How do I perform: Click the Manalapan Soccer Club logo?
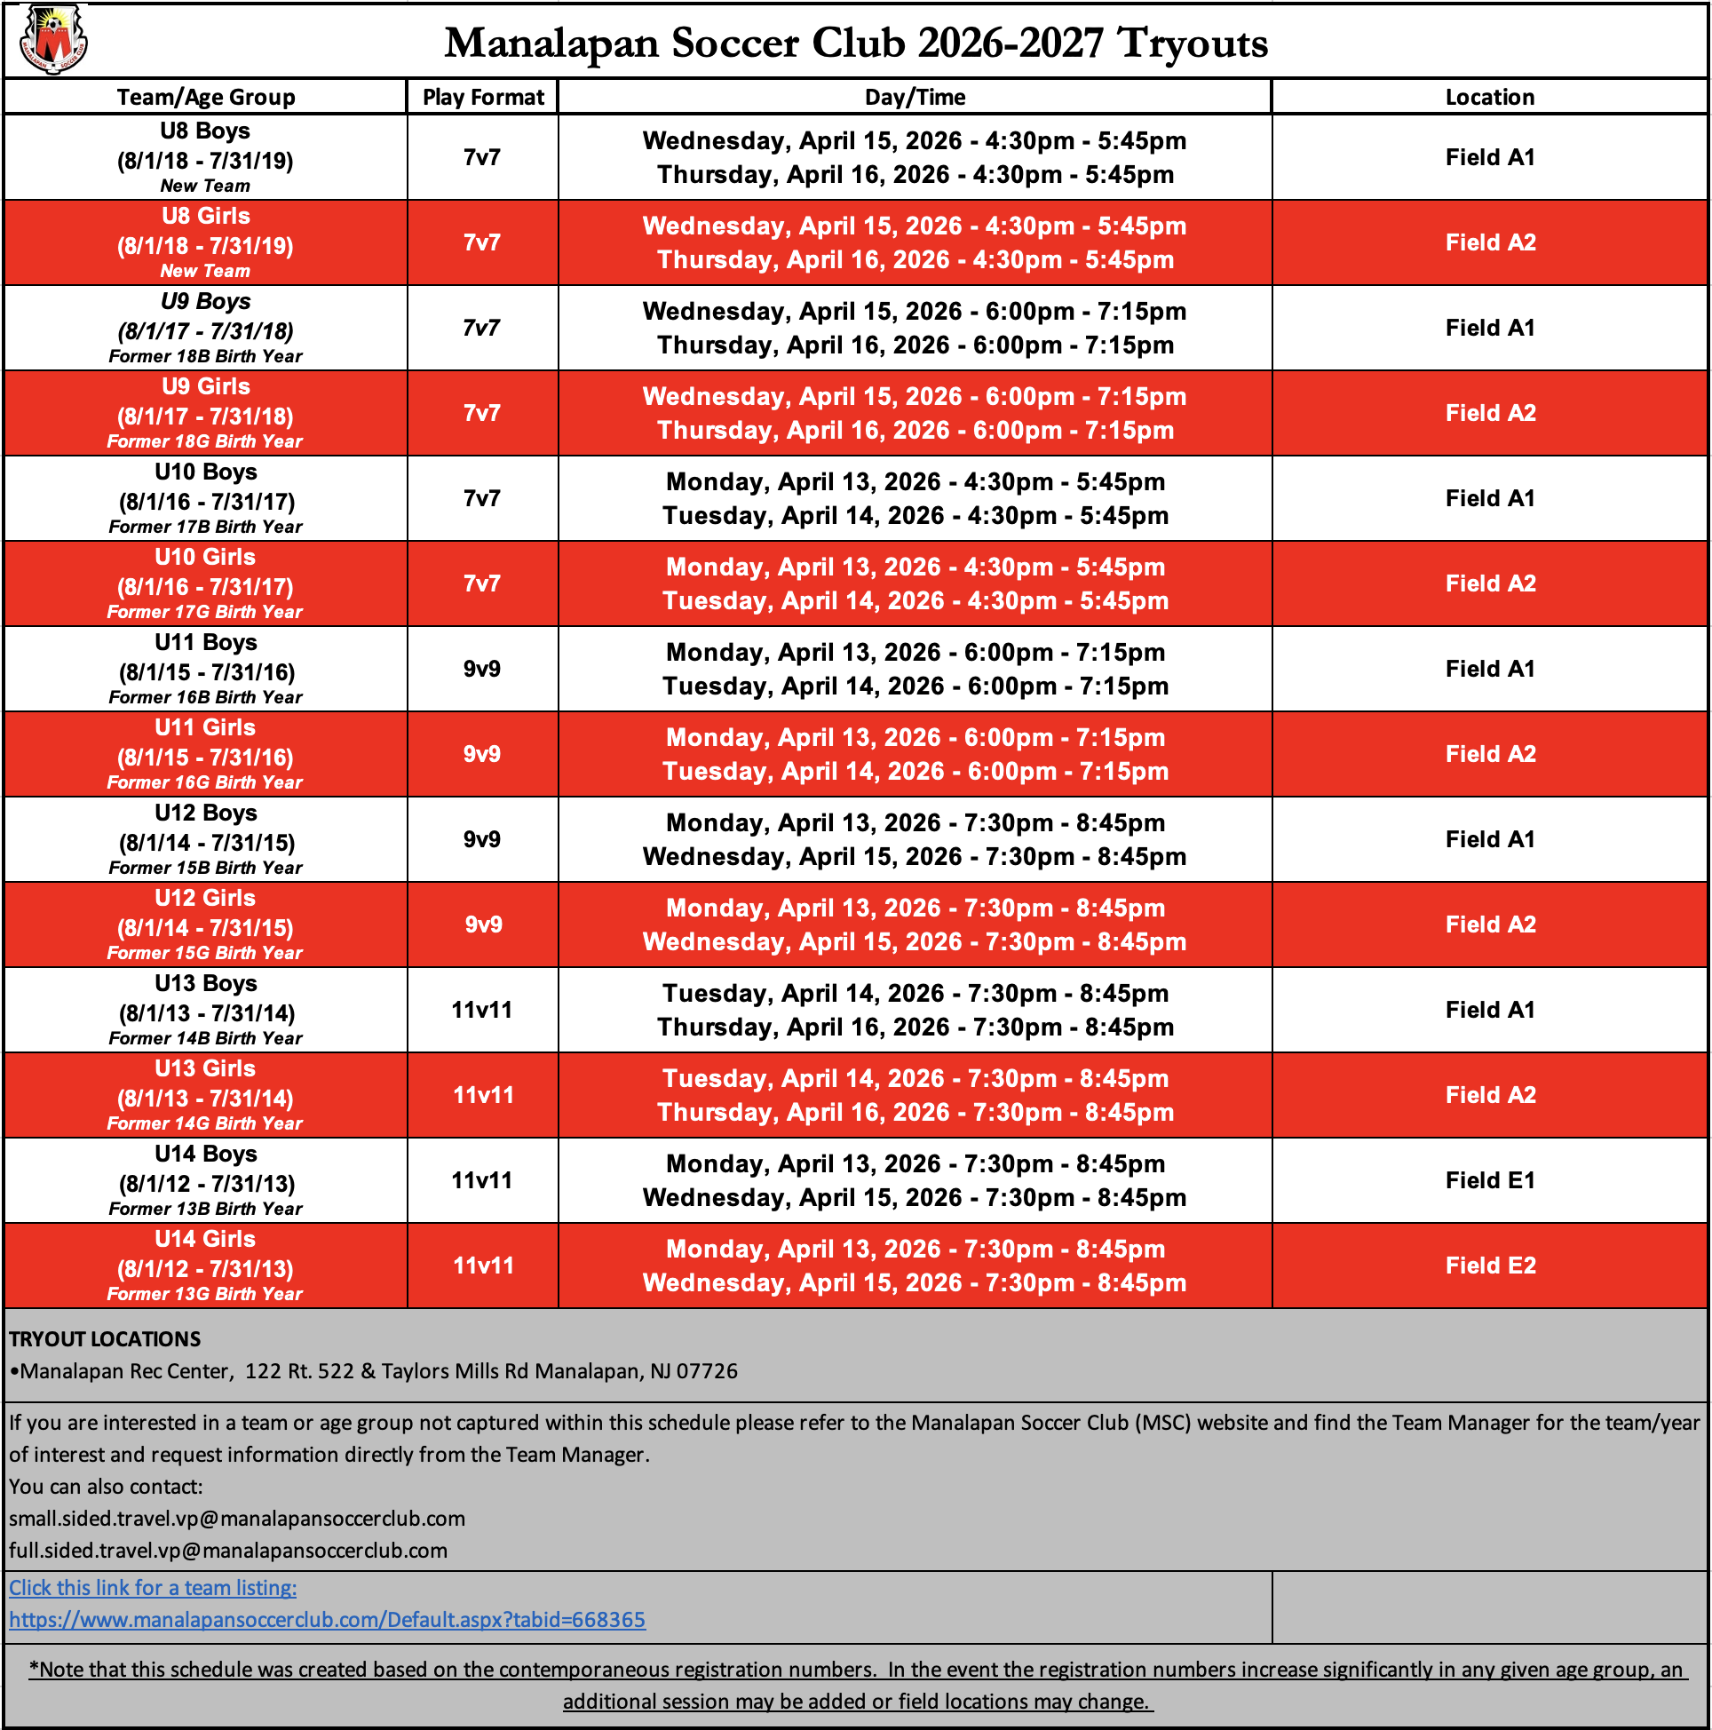pos(54,39)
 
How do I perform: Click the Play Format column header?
pos(483,97)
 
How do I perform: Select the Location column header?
pos(1489,97)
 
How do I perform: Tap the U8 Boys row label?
pos(205,131)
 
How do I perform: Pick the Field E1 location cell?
pos(1489,1180)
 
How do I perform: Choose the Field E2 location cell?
pos(1489,1266)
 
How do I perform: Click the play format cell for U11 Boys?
pos(482,669)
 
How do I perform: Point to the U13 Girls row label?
pos(205,1069)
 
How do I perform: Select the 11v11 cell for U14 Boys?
pos(482,1180)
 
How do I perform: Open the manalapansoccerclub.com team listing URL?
pos(327,1620)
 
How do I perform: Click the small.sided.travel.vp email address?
pos(237,1519)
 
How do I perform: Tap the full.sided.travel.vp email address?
pos(228,1551)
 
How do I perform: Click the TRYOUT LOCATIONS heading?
pos(105,1338)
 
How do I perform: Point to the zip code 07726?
pos(707,1371)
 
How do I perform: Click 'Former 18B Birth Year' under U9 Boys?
pos(205,356)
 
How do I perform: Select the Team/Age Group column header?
pos(205,97)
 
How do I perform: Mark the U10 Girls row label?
pos(205,558)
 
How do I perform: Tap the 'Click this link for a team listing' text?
pos(153,1588)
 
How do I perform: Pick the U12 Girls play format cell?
pos(482,925)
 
